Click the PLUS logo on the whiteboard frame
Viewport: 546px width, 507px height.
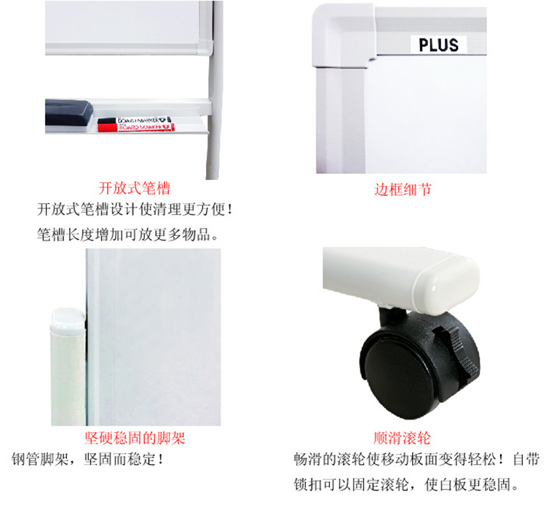coord(438,45)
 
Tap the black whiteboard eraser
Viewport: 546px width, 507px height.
coord(69,112)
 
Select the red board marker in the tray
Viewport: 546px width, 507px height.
coord(136,127)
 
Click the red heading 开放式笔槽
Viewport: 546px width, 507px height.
coord(134,188)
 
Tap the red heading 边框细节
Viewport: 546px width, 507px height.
coord(403,189)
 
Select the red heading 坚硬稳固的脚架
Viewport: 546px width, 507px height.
coord(135,438)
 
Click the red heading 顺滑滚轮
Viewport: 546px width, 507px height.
coord(402,438)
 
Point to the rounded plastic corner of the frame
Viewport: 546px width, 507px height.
coord(343,35)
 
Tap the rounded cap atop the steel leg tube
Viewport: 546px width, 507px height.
coord(68,321)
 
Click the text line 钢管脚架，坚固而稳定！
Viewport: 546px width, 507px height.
coord(87,459)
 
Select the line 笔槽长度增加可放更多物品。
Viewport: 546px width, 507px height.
coord(128,235)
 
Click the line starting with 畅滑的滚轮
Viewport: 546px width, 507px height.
coord(416,460)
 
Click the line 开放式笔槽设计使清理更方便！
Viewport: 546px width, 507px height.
coord(135,209)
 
